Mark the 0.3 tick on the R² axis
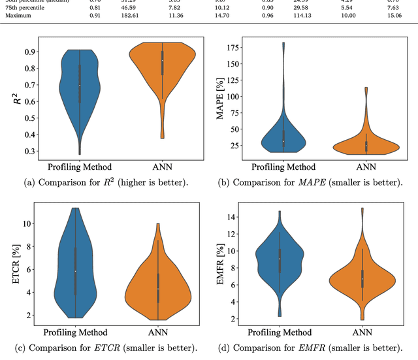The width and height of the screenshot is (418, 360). (x=30, y=151)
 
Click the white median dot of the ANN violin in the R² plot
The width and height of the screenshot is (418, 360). (x=162, y=61)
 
